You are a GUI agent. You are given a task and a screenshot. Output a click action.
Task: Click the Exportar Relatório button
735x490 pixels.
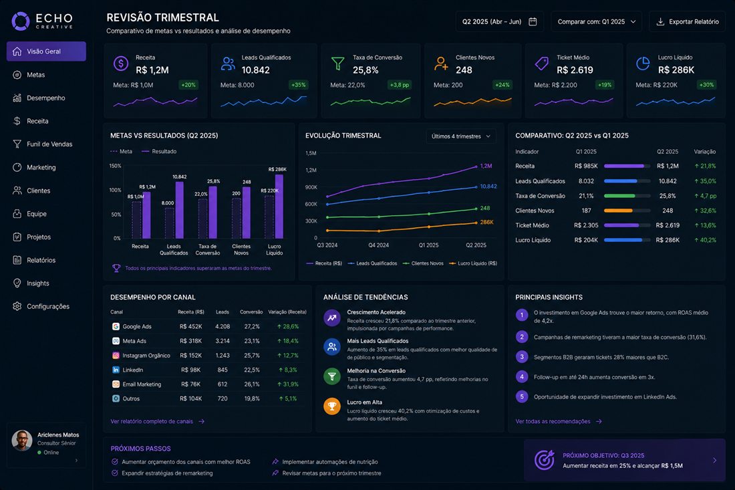pyautogui.click(x=687, y=21)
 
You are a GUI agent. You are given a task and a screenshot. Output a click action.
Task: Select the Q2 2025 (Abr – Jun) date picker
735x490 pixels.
pyautogui.click(x=500, y=21)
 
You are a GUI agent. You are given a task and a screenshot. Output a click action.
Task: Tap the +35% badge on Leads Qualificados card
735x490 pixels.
pyautogui.click(x=298, y=85)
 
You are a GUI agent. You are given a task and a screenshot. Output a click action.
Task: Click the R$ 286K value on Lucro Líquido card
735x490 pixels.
pyautogui.click(x=676, y=70)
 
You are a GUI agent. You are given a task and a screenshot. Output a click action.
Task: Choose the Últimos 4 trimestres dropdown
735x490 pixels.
pyautogui.click(x=461, y=136)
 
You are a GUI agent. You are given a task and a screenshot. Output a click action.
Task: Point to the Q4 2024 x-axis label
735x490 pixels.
pyautogui.click(x=378, y=245)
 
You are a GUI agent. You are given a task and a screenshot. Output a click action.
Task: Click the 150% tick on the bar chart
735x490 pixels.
pyautogui.click(x=116, y=166)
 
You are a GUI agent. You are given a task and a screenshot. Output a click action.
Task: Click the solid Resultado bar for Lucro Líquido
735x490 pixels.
pyautogui.click(x=279, y=207)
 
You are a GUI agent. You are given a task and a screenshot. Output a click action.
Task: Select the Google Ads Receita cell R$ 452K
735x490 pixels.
pyautogui.click(x=191, y=326)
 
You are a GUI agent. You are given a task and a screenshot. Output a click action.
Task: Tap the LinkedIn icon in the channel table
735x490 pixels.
pyautogui.click(x=116, y=370)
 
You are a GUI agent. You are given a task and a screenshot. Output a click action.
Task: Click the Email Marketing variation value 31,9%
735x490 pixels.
pyautogui.click(x=287, y=384)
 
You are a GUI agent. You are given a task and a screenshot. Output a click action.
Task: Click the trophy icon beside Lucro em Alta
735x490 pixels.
pyautogui.click(x=332, y=406)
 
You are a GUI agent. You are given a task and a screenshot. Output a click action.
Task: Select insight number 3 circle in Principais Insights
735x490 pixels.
pyautogui.click(x=522, y=357)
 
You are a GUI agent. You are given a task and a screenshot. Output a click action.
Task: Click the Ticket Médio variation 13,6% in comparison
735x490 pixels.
pyautogui.click(x=705, y=225)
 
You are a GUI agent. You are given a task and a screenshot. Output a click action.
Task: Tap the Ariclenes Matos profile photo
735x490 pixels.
pyautogui.click(x=22, y=441)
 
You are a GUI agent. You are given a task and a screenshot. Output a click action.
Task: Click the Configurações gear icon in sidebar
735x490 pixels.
pyautogui.click(x=17, y=306)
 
